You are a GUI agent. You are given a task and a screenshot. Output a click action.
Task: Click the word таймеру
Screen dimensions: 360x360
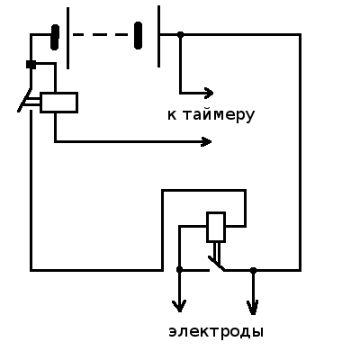pyautogui.click(x=219, y=116)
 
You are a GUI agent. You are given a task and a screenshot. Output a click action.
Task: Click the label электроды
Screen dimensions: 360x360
pyautogui.click(x=216, y=332)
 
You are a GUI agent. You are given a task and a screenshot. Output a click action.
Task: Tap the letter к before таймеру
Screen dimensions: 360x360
pyautogui.click(x=172, y=115)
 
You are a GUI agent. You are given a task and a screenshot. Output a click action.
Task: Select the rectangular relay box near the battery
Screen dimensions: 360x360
pyautogui.click(x=59, y=103)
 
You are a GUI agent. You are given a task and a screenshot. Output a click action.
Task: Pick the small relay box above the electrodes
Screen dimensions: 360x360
pyautogui.click(x=216, y=227)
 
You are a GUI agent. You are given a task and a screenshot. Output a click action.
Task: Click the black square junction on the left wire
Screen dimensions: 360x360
pyautogui.click(x=31, y=65)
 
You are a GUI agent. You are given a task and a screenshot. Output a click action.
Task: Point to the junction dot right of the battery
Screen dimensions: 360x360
pyautogui.click(x=180, y=35)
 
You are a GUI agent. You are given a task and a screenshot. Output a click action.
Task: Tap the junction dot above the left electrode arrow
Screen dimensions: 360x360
pyautogui.click(x=179, y=270)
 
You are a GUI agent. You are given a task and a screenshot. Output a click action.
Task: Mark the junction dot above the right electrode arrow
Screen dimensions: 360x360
pyautogui.click(x=253, y=270)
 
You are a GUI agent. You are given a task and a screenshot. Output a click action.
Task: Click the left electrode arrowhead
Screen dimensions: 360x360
pyautogui.click(x=179, y=306)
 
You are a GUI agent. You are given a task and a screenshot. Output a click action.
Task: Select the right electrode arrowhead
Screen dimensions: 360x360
pyautogui.click(x=253, y=308)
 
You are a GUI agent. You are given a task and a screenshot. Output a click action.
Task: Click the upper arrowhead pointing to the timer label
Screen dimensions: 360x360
pyautogui.click(x=208, y=93)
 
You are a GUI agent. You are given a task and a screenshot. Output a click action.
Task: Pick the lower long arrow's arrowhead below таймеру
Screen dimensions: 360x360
pyautogui.click(x=206, y=141)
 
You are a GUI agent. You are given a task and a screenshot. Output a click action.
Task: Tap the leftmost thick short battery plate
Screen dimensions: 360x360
pyautogui.click(x=55, y=37)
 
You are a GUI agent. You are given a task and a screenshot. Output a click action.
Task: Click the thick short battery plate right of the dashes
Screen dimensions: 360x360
pyautogui.click(x=138, y=35)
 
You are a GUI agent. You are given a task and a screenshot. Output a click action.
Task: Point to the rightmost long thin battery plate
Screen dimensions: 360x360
pyautogui.click(x=158, y=36)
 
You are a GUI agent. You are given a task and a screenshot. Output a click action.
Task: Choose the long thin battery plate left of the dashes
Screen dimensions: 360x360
pyautogui.click(x=67, y=38)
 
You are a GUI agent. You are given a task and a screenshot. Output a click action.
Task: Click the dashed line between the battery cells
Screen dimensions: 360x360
pyautogui.click(x=101, y=35)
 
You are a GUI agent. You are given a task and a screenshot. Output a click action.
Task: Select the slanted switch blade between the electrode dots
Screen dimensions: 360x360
pyautogui.click(x=216, y=264)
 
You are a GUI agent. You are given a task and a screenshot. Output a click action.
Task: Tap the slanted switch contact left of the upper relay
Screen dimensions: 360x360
pyautogui.click(x=24, y=100)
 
